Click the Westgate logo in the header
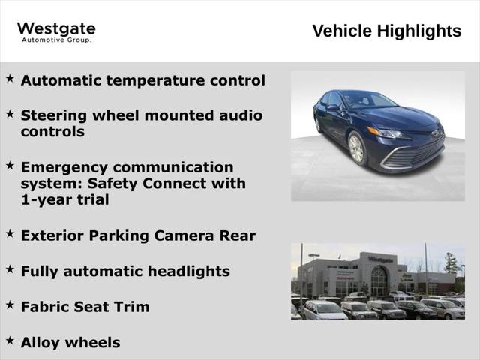pyautogui.click(x=56, y=31)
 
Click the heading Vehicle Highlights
pyautogui.click(x=386, y=31)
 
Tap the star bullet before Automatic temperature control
pyautogui.click(x=10, y=78)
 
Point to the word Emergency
pyautogui.click(x=64, y=167)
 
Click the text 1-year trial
pyautogui.click(x=64, y=199)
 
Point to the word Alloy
pyautogui.click(x=40, y=342)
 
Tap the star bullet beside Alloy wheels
pyautogui.click(x=10, y=340)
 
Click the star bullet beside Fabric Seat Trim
pyautogui.click(x=10, y=304)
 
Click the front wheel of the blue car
pyautogui.click(x=356, y=148)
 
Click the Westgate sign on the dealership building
pyautogui.click(x=380, y=259)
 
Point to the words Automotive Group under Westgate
pyautogui.click(x=56, y=40)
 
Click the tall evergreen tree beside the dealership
pyautogui.click(x=451, y=264)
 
